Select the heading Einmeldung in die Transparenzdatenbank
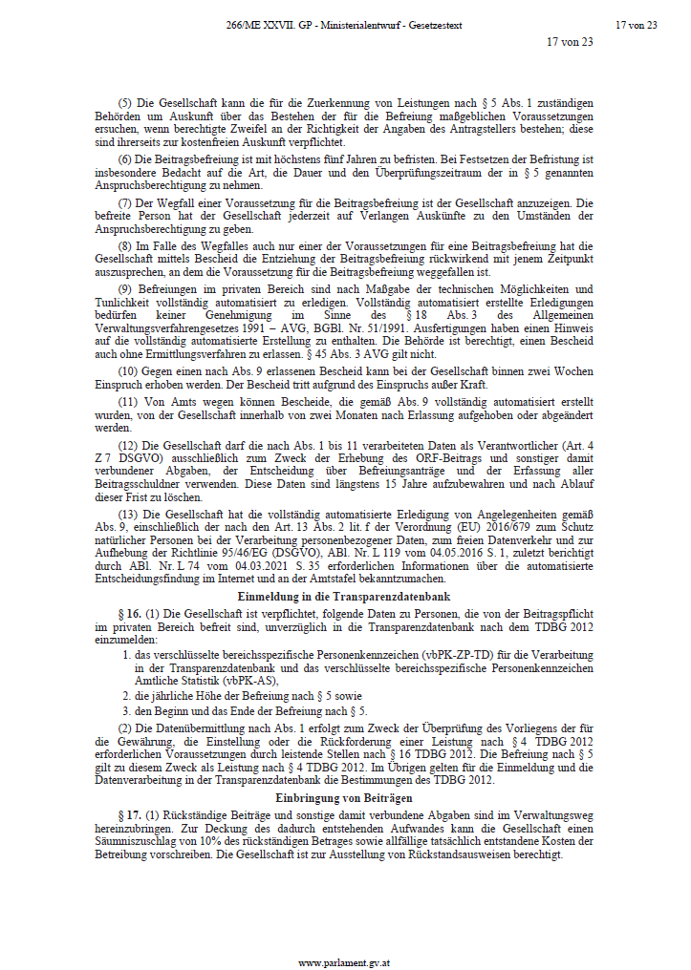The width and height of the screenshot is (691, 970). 345,596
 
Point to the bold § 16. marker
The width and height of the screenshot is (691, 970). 129,611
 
